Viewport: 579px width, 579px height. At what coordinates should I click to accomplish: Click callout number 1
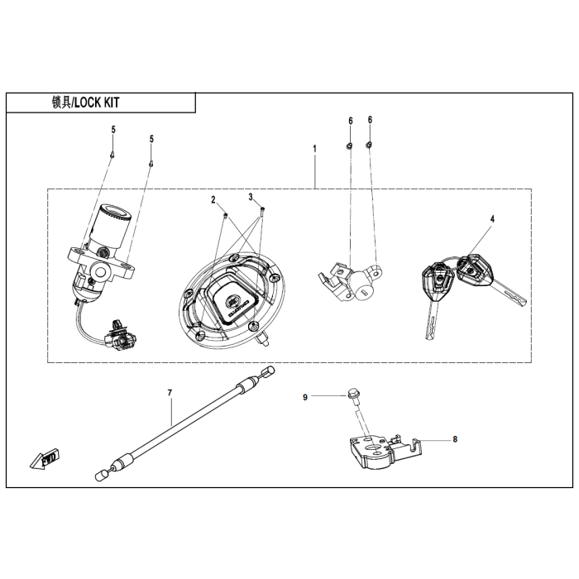314,148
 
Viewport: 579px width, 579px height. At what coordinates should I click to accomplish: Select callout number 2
213,200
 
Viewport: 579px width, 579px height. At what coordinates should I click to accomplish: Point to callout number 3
250,197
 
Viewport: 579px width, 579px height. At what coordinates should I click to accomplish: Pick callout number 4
491,219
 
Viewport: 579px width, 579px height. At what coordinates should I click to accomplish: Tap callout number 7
170,394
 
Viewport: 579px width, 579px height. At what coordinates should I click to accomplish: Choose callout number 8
454,440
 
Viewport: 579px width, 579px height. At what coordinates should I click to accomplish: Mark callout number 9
305,398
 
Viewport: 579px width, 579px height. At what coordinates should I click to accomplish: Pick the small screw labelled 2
224,216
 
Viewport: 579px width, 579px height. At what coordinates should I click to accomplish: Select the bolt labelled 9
354,397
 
